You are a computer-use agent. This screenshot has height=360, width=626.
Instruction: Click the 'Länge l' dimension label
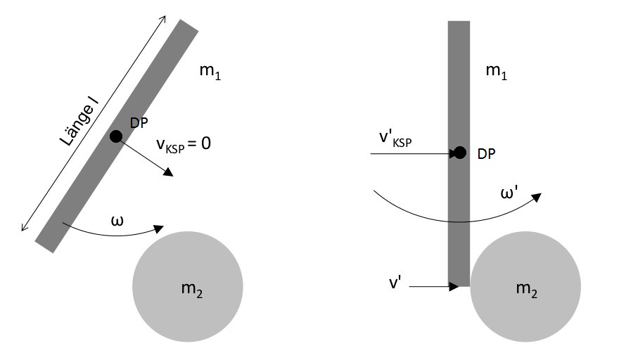pyautogui.click(x=79, y=122)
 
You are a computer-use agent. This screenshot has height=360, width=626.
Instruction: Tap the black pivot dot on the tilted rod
pyautogui.click(x=116, y=136)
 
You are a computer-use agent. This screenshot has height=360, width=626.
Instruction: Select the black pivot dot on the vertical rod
pyautogui.click(x=460, y=153)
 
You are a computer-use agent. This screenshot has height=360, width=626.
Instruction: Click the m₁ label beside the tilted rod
pyautogui.click(x=210, y=72)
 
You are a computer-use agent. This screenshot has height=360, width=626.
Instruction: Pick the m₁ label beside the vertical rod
pyautogui.click(x=497, y=72)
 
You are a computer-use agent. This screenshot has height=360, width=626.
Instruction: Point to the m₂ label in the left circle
pyautogui.click(x=192, y=289)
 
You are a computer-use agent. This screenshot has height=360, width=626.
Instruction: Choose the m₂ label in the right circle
pyautogui.click(x=527, y=289)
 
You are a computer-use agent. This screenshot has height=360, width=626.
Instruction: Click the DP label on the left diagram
pyautogui.click(x=139, y=123)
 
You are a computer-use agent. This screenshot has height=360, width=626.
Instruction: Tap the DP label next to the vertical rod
pyautogui.click(x=486, y=154)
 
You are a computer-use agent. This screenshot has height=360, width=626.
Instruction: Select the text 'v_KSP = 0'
pyautogui.click(x=184, y=144)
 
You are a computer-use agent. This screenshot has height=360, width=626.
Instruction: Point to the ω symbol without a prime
pyautogui.click(x=117, y=221)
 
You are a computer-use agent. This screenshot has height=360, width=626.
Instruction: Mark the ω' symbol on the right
pyautogui.click(x=509, y=193)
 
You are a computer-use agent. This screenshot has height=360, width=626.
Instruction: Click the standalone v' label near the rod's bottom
pyautogui.click(x=395, y=283)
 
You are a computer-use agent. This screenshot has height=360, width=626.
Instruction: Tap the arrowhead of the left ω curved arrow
pyautogui.click(x=159, y=229)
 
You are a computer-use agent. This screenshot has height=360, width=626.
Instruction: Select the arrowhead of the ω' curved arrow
pyautogui.click(x=537, y=197)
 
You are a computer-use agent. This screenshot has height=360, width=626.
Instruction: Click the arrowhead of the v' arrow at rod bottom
pyautogui.click(x=454, y=286)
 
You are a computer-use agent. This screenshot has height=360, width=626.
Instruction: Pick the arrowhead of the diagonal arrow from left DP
pyautogui.click(x=169, y=172)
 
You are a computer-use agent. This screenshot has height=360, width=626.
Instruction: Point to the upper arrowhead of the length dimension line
pyautogui.click(x=163, y=18)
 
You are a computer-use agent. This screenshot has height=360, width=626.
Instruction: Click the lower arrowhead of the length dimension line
pyautogui.click(x=24, y=228)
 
